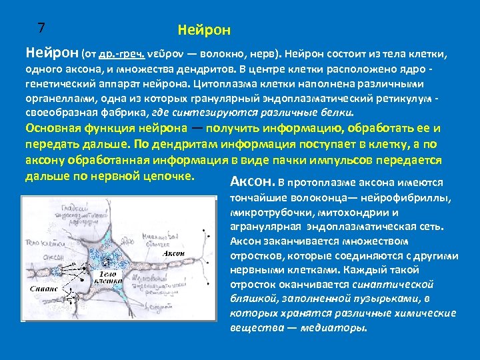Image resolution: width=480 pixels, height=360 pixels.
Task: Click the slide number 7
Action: (x=41, y=28)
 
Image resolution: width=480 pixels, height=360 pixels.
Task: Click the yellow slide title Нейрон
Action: (x=204, y=31)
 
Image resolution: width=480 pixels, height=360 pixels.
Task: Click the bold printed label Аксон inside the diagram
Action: (x=174, y=254)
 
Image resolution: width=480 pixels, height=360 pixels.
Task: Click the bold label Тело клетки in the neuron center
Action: (x=107, y=278)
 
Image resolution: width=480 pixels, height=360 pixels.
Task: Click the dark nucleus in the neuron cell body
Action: (x=107, y=260)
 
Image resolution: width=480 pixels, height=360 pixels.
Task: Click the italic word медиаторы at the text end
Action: (x=340, y=327)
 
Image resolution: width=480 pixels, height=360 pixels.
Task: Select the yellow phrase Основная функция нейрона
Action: (x=100, y=128)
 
